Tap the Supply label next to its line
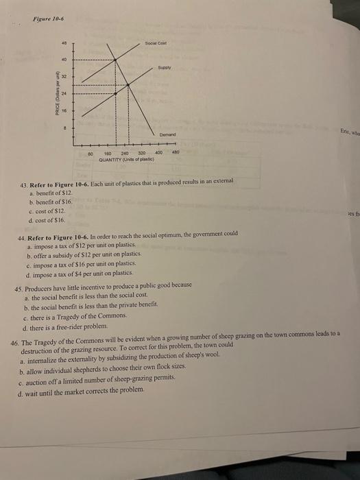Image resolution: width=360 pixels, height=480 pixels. pos(165,68)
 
